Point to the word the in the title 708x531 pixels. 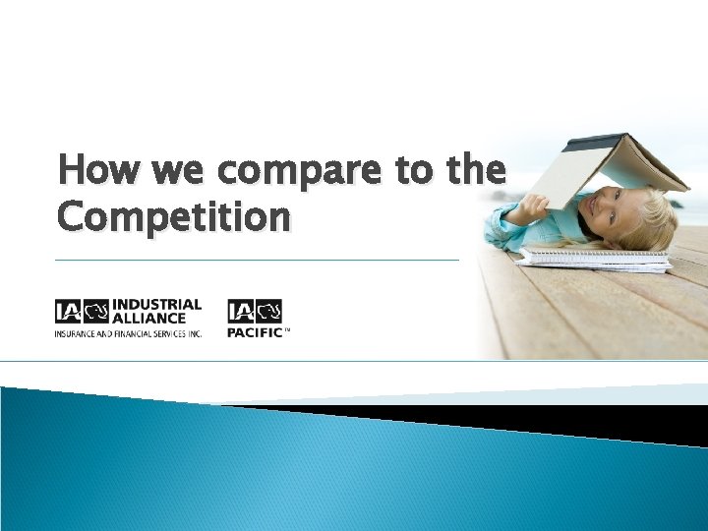click(x=476, y=170)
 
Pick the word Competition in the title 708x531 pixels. click(x=173, y=215)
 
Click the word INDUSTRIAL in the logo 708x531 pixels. click(x=158, y=305)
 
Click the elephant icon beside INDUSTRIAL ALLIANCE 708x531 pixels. click(x=96, y=312)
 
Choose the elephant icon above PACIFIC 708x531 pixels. click(x=268, y=313)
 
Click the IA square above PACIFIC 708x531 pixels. click(x=241, y=313)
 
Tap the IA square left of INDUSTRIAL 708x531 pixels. click(x=68, y=312)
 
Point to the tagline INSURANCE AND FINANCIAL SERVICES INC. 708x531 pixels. click(x=128, y=333)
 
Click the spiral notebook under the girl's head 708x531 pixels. click(x=595, y=259)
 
